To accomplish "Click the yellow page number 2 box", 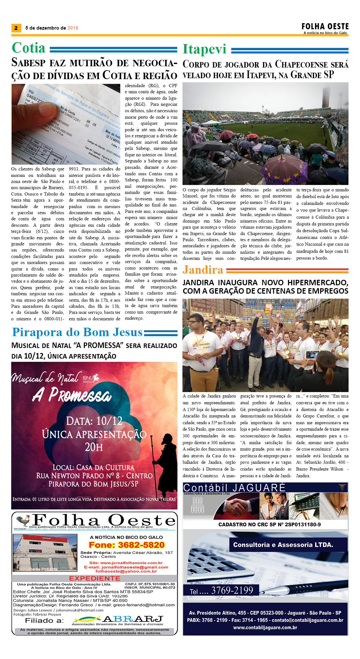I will [16, 28].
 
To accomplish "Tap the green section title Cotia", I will [29, 48].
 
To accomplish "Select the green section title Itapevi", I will [204, 49].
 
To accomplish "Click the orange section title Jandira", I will [203, 270].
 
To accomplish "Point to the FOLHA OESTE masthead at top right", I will [325, 26].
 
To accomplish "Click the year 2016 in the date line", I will [73, 28].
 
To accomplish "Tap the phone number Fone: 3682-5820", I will [127, 545].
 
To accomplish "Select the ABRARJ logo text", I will [132, 619].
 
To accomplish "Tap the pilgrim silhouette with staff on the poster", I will [165, 460].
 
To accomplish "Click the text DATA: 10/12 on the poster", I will [94, 421].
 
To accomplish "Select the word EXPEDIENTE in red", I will [94, 578].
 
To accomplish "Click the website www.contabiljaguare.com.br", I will [265, 627].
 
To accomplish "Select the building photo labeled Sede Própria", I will [45, 552].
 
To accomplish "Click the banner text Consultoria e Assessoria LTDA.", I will [283, 545].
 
